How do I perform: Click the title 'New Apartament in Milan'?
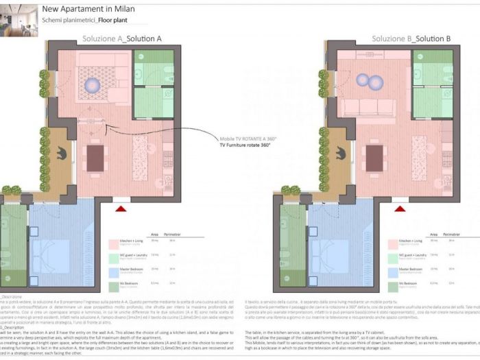tap(88, 10)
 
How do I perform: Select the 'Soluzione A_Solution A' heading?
tap(121, 38)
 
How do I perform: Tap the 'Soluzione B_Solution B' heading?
tap(411, 38)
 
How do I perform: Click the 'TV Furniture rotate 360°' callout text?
tap(245, 145)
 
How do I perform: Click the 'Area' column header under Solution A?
tap(154, 234)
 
